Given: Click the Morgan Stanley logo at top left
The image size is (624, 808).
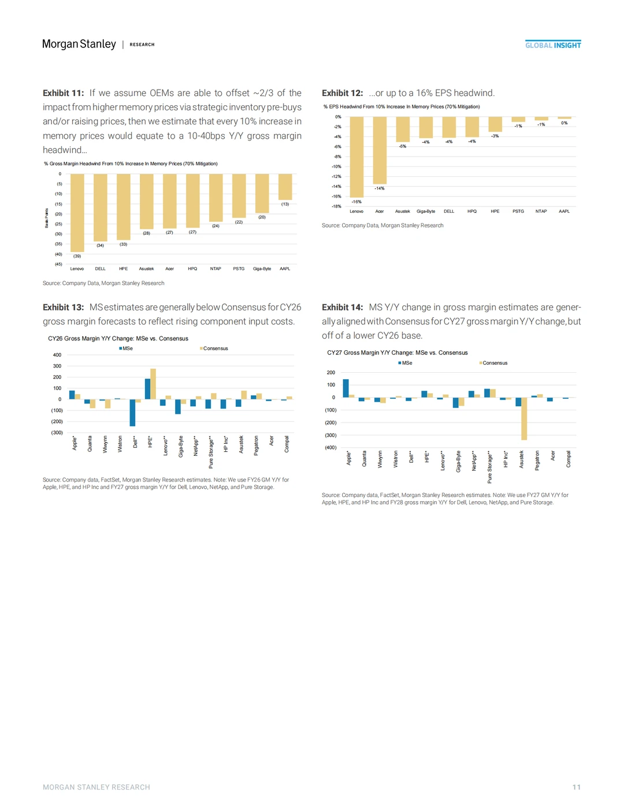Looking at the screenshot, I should tap(79, 45).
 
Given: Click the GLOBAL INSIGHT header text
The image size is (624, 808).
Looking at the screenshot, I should tap(553, 45).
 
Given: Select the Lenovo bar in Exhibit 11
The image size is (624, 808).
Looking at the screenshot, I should tap(77, 213).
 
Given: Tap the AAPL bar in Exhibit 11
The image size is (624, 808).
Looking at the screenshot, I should tap(285, 187).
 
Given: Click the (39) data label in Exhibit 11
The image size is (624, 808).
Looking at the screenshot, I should tap(77, 256).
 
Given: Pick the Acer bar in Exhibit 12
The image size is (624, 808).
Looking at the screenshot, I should tap(380, 150).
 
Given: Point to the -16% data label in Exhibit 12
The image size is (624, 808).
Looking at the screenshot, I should tap(356, 202).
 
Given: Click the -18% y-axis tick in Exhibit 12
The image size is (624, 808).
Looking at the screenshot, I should tap(336, 206).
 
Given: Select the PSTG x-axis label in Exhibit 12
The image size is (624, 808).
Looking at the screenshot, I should tap(518, 212).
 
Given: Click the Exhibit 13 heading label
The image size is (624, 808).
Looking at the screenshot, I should tap(64, 307).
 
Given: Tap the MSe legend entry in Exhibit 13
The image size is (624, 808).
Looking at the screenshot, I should tap(126, 349).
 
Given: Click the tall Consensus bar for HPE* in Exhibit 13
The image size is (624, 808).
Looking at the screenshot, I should tap(153, 384).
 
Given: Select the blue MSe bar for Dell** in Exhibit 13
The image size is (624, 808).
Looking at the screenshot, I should tap(132, 413).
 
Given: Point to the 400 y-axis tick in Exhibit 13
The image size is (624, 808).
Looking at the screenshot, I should tap(57, 355).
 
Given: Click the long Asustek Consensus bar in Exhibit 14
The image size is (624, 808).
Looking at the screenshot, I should tap(524, 418).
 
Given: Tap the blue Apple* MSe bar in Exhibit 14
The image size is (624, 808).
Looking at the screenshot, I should tap(346, 388).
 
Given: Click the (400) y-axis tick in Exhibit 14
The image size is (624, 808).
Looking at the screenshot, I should tap(330, 448).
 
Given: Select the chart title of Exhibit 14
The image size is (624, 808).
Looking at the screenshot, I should tap(398, 353).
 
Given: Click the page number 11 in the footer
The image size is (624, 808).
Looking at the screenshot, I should tap(576, 787).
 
